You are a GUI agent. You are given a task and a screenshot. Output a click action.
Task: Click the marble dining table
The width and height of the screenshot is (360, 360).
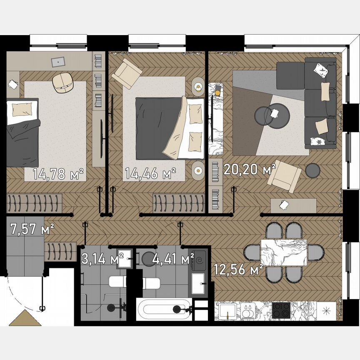point(284,252)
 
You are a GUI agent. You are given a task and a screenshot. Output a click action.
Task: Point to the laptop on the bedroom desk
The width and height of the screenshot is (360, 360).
point(58,61)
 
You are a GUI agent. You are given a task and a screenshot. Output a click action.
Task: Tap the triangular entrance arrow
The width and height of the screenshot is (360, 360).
point(25,319)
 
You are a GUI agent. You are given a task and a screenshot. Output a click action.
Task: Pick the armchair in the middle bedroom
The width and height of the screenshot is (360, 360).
point(127,73)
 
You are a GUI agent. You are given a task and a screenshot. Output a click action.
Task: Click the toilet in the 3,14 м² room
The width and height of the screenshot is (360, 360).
point(117,282)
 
